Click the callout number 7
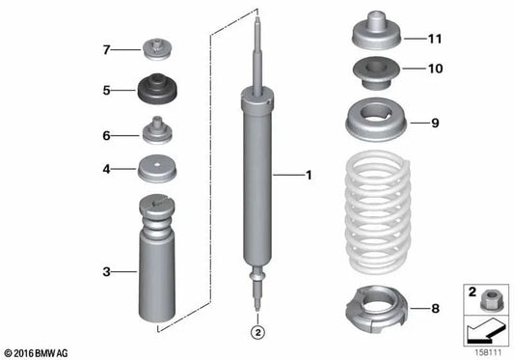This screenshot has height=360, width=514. (108, 47)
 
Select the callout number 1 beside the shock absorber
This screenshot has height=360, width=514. (309, 176)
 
